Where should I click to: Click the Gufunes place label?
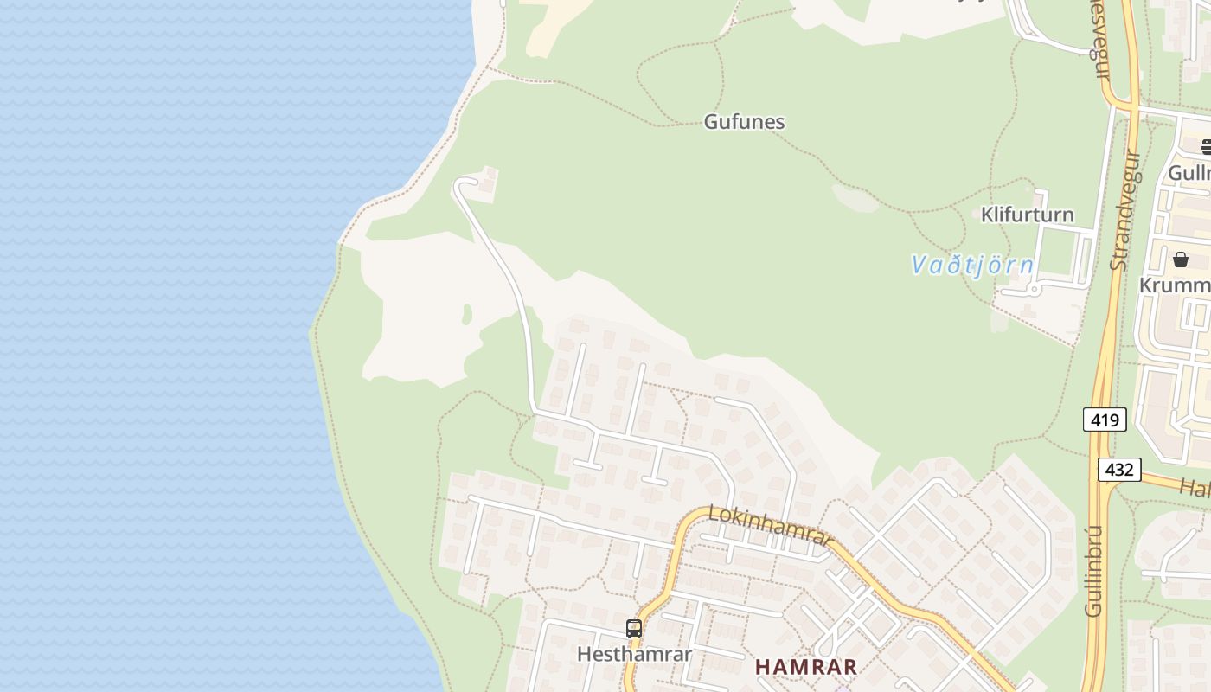744,122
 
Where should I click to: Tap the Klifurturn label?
1027,215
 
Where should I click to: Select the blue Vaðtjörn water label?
972,265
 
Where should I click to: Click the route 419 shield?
1105,420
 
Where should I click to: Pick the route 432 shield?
1119,470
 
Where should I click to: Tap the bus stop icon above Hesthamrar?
634,629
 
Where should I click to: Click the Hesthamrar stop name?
634,654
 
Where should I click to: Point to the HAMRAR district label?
806,667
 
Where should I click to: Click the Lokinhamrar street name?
769,526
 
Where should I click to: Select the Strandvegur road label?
1126,210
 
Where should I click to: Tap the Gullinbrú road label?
1095,570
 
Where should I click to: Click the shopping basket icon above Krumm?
1181,259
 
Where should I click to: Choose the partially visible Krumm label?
1175,285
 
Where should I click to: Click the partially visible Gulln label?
1189,173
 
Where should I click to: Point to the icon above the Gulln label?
1206,146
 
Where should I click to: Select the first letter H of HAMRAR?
762,667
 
